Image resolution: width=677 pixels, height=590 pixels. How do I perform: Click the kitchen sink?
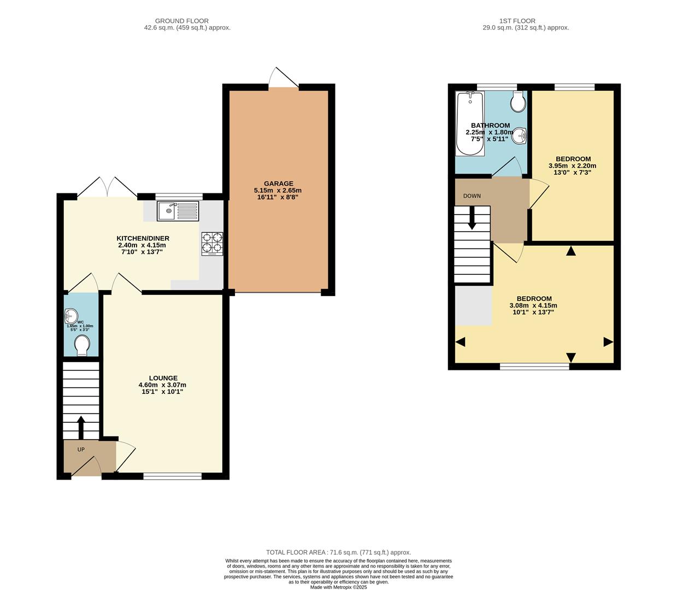click(178, 211)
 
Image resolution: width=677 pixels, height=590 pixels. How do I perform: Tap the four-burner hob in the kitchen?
click(213, 244)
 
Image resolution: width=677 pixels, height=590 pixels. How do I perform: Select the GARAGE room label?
click(278, 184)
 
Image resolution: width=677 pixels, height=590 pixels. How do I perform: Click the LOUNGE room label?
click(163, 378)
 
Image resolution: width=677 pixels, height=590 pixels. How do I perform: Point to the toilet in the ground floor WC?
click(82, 345)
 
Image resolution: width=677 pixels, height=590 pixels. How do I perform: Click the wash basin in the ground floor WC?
click(71, 315)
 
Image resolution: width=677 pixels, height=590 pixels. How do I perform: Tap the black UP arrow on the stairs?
click(81, 427)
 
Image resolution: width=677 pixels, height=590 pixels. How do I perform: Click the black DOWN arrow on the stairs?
click(472, 219)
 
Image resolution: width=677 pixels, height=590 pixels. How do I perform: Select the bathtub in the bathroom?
click(469, 123)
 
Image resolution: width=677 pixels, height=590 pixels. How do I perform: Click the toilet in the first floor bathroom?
click(518, 101)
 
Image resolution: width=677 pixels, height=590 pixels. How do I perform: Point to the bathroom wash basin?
click(520, 135)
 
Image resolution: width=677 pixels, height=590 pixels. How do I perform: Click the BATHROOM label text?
click(490, 125)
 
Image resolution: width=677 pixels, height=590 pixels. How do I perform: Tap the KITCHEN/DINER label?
click(143, 238)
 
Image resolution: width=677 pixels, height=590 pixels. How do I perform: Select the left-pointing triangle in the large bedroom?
click(460, 342)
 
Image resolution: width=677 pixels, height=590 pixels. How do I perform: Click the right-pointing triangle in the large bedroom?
click(608, 342)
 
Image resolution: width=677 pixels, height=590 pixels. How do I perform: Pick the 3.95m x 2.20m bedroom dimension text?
click(572, 166)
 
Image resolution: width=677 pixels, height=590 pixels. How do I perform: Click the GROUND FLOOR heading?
click(182, 21)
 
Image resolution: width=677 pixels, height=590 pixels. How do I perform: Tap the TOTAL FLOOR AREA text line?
click(338, 552)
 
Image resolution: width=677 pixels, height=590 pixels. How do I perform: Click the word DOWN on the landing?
click(472, 196)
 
